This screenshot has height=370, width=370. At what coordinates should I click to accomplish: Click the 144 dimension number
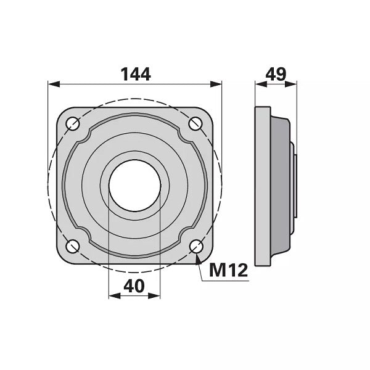click(x=136, y=74)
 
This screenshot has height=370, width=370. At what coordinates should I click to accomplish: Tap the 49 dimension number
click(x=276, y=74)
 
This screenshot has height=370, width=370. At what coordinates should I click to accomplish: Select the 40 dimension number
click(x=134, y=286)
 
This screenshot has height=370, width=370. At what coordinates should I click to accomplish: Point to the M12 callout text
click(x=228, y=270)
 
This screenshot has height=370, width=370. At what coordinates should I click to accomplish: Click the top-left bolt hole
click(x=73, y=123)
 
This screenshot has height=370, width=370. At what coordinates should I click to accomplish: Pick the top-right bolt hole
click(x=195, y=123)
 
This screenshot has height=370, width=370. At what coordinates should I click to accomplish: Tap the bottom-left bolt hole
click(x=73, y=246)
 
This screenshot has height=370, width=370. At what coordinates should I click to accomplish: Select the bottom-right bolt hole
click(x=196, y=246)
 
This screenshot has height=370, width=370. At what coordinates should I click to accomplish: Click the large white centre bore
click(x=134, y=186)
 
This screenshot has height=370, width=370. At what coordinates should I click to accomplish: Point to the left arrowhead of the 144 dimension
click(x=54, y=84)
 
